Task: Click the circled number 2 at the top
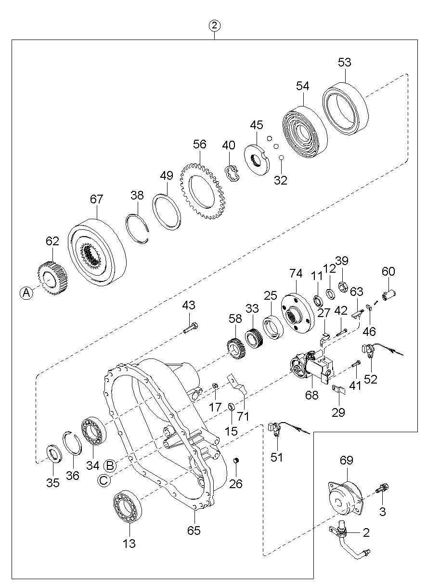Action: pyautogui.click(x=214, y=26)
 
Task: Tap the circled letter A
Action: pyautogui.click(x=26, y=293)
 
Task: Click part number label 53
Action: pyautogui.click(x=344, y=62)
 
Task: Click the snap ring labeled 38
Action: pyautogui.click(x=137, y=229)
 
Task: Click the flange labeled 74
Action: pyautogui.click(x=298, y=313)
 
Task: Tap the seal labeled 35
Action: pyautogui.click(x=54, y=454)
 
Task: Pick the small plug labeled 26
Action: pyautogui.click(x=236, y=461)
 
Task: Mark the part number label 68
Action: pyautogui.click(x=311, y=395)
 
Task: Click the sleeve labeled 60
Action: pyautogui.click(x=388, y=295)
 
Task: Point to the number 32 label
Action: pyautogui.click(x=281, y=180)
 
